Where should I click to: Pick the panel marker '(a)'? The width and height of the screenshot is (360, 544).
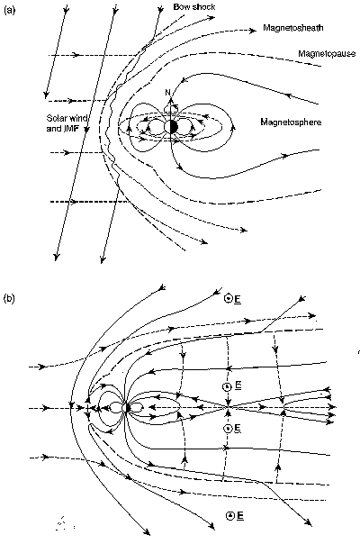click(10, 8)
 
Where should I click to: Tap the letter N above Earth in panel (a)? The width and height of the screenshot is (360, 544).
click(166, 93)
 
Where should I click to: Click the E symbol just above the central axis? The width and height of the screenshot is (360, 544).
click(228, 386)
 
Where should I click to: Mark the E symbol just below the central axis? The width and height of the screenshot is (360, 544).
click(228, 429)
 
